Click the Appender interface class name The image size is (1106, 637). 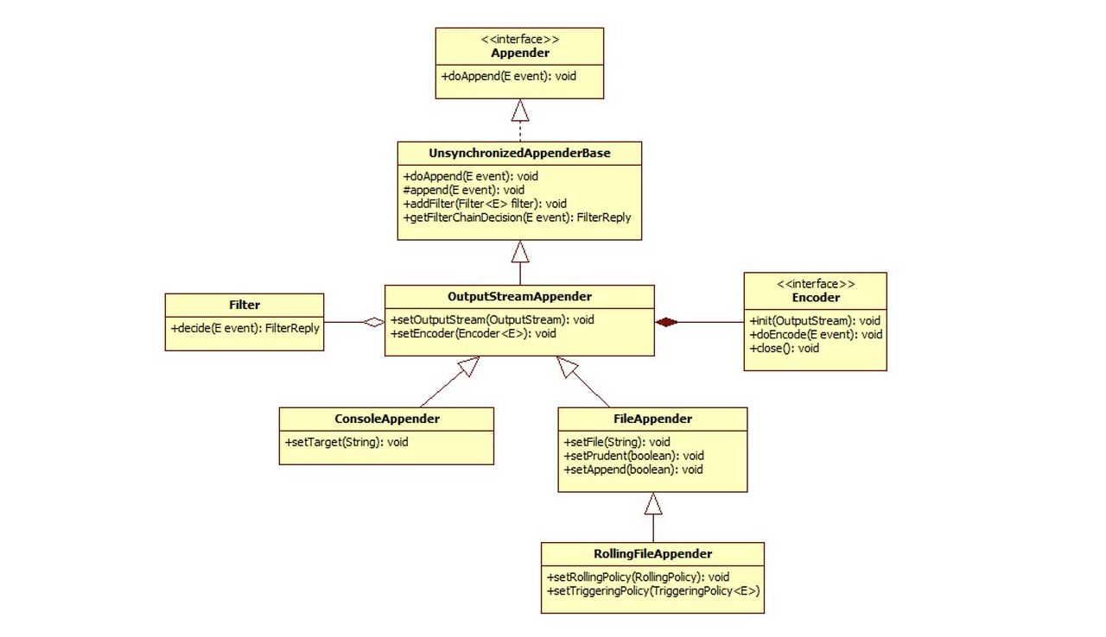click(519, 53)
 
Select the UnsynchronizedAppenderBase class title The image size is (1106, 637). click(519, 154)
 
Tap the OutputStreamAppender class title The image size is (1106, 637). click(519, 296)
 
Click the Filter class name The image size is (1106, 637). click(245, 305)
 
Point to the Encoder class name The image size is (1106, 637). click(815, 298)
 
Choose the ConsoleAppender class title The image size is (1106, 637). click(386, 419)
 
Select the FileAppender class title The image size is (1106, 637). click(652, 419)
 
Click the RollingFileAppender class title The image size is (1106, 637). click(652, 553)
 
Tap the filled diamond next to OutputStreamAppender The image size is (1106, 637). click(666, 323)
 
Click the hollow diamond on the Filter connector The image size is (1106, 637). click(373, 323)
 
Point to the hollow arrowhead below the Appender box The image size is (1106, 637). click(519, 110)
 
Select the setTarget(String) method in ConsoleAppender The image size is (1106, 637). click(346, 442)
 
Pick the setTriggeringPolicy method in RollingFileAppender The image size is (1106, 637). click(652, 590)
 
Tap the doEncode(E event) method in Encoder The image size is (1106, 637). click(815, 335)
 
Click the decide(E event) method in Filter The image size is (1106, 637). click(245, 328)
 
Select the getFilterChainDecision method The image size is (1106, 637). click(517, 218)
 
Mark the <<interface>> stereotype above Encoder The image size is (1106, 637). click(815, 284)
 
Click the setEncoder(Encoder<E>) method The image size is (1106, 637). click(474, 333)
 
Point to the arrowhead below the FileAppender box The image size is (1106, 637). click(653, 503)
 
